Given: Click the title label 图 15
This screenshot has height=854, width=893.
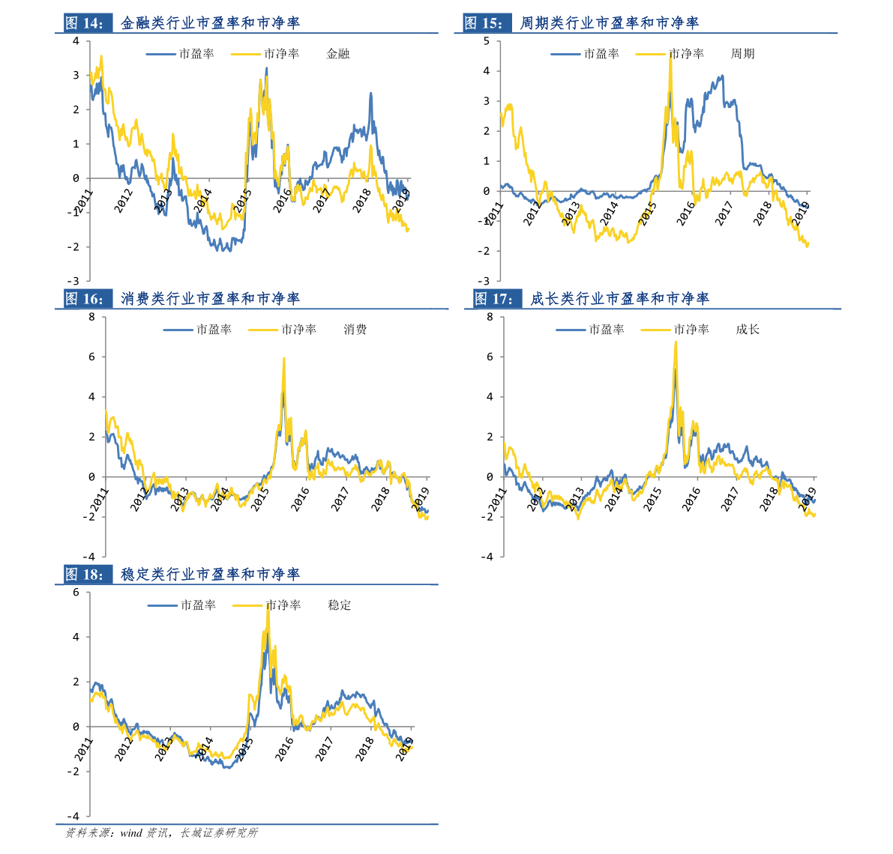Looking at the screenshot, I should (x=483, y=23).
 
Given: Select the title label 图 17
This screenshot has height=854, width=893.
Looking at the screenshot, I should (x=493, y=299).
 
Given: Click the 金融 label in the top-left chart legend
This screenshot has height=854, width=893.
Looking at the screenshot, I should (x=338, y=54).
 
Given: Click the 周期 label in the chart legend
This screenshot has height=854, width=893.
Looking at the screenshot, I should (x=742, y=54).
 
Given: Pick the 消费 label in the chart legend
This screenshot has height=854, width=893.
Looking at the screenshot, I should (x=355, y=330).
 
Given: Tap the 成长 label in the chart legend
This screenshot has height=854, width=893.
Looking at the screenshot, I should (x=748, y=330).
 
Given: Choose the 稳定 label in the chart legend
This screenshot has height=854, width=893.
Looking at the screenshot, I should (x=340, y=605).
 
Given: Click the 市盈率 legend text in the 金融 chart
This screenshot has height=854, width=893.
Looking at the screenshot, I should (x=196, y=54).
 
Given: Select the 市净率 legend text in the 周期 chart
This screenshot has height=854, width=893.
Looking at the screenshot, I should (x=686, y=54).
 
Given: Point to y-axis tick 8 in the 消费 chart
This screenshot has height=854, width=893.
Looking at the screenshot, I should (x=91, y=317).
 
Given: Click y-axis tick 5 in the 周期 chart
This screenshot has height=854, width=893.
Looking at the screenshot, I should (x=487, y=41).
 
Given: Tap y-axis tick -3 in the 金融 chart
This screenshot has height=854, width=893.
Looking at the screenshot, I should (x=76, y=282).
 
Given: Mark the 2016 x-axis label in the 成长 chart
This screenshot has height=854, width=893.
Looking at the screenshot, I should (x=691, y=499).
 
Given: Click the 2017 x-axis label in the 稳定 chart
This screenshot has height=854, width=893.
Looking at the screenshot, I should (x=324, y=749).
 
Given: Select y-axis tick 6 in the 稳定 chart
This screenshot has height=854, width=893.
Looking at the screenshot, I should (x=76, y=593).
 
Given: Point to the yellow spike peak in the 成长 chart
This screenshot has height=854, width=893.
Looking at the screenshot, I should (x=676, y=342).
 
